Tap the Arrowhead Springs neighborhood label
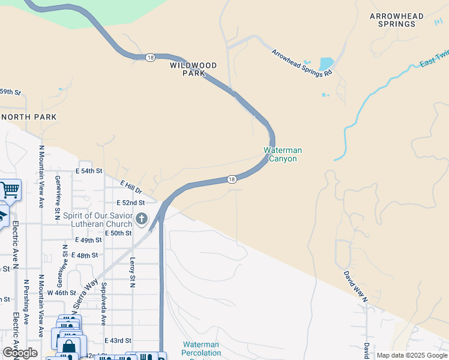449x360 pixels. point(396,20)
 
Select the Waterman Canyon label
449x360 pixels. point(283,154)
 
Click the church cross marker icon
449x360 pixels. point(142,218)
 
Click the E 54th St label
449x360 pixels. point(89,171)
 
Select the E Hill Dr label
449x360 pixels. point(130,187)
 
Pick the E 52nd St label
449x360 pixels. point(131,203)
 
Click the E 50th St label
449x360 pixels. point(119,233)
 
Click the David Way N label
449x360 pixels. point(355,286)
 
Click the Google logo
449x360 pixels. point(19,353)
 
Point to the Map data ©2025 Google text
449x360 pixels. point(412,355)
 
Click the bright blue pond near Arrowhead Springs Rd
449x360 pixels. point(326,63)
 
